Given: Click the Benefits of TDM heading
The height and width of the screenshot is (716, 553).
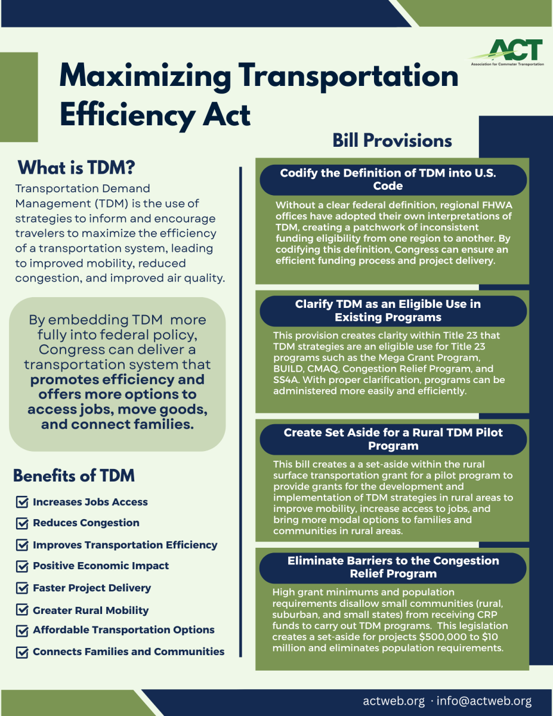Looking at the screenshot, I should coord(74,476).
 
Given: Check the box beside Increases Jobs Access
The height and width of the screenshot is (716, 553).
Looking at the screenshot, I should coord(22,502).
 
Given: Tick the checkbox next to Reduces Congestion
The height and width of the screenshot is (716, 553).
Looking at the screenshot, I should coord(22,523).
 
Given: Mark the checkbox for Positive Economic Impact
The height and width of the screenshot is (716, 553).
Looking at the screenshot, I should coord(22,566).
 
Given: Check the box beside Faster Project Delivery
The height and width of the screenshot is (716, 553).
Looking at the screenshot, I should coord(22,588).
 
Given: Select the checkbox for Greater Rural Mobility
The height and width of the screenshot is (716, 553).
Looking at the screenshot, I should coord(22,610).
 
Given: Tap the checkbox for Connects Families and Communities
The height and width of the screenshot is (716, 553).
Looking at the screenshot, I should coord(22,652).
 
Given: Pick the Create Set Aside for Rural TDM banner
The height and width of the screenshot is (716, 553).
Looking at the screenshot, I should coord(393,439).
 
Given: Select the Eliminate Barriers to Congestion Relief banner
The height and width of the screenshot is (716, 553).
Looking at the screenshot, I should coord(393,567).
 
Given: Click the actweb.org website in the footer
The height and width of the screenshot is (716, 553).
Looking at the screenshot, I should coord(394,701).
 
